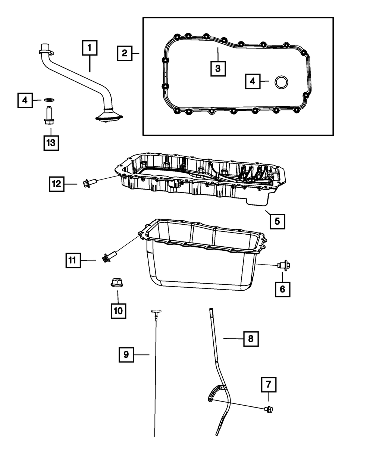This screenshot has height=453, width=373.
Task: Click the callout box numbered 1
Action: [x=90, y=48]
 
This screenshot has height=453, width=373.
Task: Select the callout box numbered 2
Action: [x=125, y=53]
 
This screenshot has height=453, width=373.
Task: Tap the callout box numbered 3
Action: [x=218, y=69]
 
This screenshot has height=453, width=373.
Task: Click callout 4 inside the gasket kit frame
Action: [x=253, y=81]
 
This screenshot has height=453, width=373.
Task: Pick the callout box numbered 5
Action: [x=278, y=222]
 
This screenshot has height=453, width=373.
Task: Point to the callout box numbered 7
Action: [x=269, y=385]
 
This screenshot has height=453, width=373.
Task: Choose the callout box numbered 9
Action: [x=126, y=355]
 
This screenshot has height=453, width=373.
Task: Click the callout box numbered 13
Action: [x=51, y=143]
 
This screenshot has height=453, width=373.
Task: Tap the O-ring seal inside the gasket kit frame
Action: [x=281, y=82]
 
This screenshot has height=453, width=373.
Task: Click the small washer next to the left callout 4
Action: [x=49, y=100]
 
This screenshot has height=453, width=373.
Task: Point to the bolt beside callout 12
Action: [x=89, y=182]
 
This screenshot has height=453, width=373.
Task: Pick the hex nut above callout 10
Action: [x=118, y=282]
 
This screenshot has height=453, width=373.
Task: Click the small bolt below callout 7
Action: [x=269, y=409]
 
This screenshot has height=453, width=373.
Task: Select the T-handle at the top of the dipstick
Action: [x=156, y=312]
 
